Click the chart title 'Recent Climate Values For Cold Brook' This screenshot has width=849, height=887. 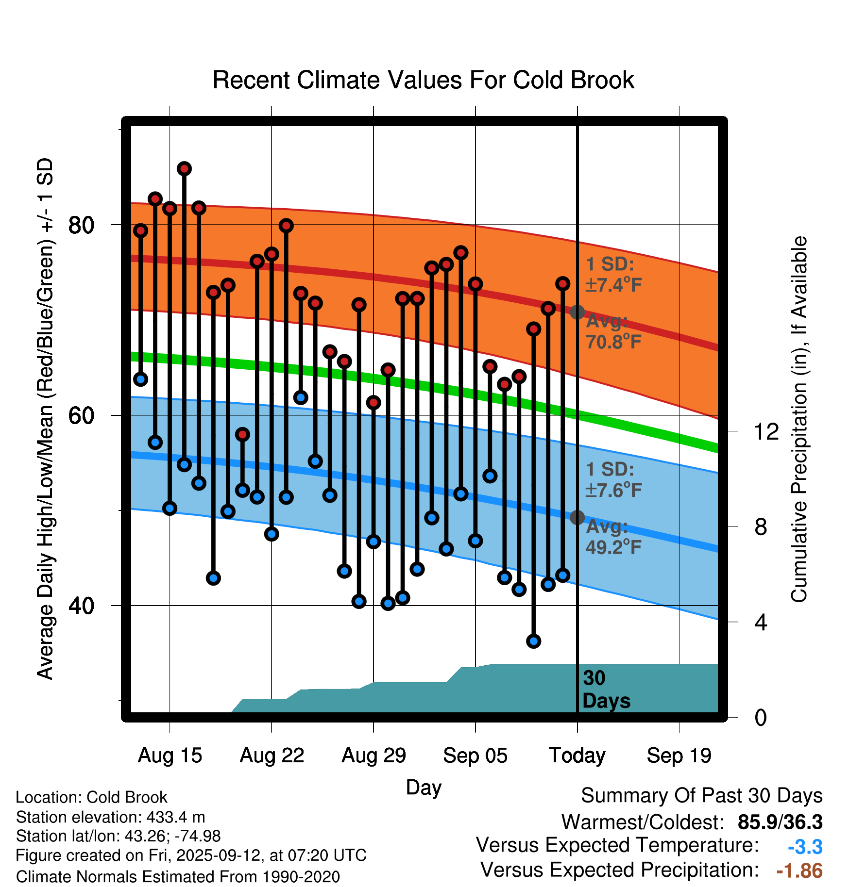[423, 80]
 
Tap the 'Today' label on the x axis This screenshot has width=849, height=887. [577, 756]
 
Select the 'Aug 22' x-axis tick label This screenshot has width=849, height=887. [272, 756]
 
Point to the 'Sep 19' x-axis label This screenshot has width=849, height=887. [679, 756]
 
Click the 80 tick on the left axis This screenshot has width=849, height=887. [81, 225]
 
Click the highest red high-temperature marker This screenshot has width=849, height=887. [184, 169]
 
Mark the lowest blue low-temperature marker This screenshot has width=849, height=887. [533, 641]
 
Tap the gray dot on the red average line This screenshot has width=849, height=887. [577, 312]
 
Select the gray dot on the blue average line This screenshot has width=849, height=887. [577, 517]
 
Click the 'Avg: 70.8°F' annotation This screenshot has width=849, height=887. [613, 332]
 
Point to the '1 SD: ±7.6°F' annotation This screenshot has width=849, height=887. [613, 480]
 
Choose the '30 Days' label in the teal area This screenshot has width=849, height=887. [606, 690]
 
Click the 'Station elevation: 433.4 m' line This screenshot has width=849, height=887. [110, 817]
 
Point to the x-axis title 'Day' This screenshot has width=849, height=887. [423, 787]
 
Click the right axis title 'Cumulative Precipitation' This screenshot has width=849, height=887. [798, 419]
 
